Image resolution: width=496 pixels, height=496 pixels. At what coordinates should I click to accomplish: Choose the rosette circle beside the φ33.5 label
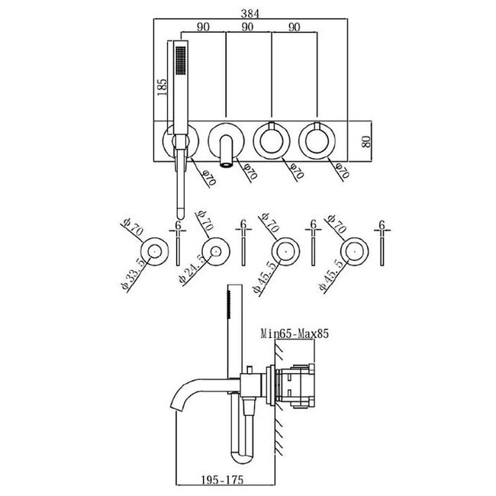point(155,251)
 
